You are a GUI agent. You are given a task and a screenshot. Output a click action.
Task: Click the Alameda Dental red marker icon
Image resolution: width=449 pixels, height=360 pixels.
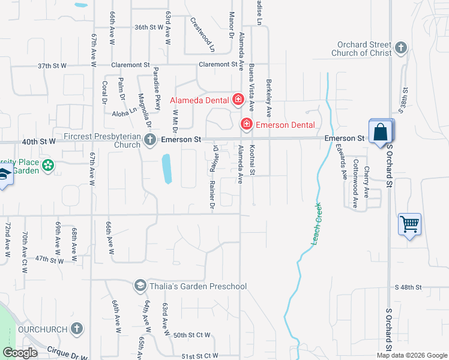click(238, 100)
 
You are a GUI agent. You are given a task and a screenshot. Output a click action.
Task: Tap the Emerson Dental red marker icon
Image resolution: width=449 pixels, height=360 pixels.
click(246, 125)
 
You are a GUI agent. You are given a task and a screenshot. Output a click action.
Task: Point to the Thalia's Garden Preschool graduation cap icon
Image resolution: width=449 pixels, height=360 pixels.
click(140, 286)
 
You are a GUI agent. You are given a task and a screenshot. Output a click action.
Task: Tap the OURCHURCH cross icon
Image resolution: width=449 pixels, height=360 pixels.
click(76, 329)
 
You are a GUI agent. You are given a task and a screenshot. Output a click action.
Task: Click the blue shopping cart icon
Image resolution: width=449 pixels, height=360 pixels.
click(409, 224)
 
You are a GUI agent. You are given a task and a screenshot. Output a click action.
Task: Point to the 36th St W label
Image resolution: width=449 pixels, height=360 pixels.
click(149, 27)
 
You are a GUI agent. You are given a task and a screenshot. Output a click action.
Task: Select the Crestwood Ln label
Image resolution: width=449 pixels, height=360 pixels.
click(202, 31)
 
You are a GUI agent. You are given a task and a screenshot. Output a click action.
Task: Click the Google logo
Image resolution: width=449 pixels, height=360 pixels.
click(20, 353)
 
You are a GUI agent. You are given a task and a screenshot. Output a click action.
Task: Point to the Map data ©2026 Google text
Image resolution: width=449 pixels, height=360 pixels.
click(412, 355)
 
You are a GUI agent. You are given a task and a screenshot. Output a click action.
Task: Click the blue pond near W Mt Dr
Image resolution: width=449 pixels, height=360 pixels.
click(166, 169)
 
